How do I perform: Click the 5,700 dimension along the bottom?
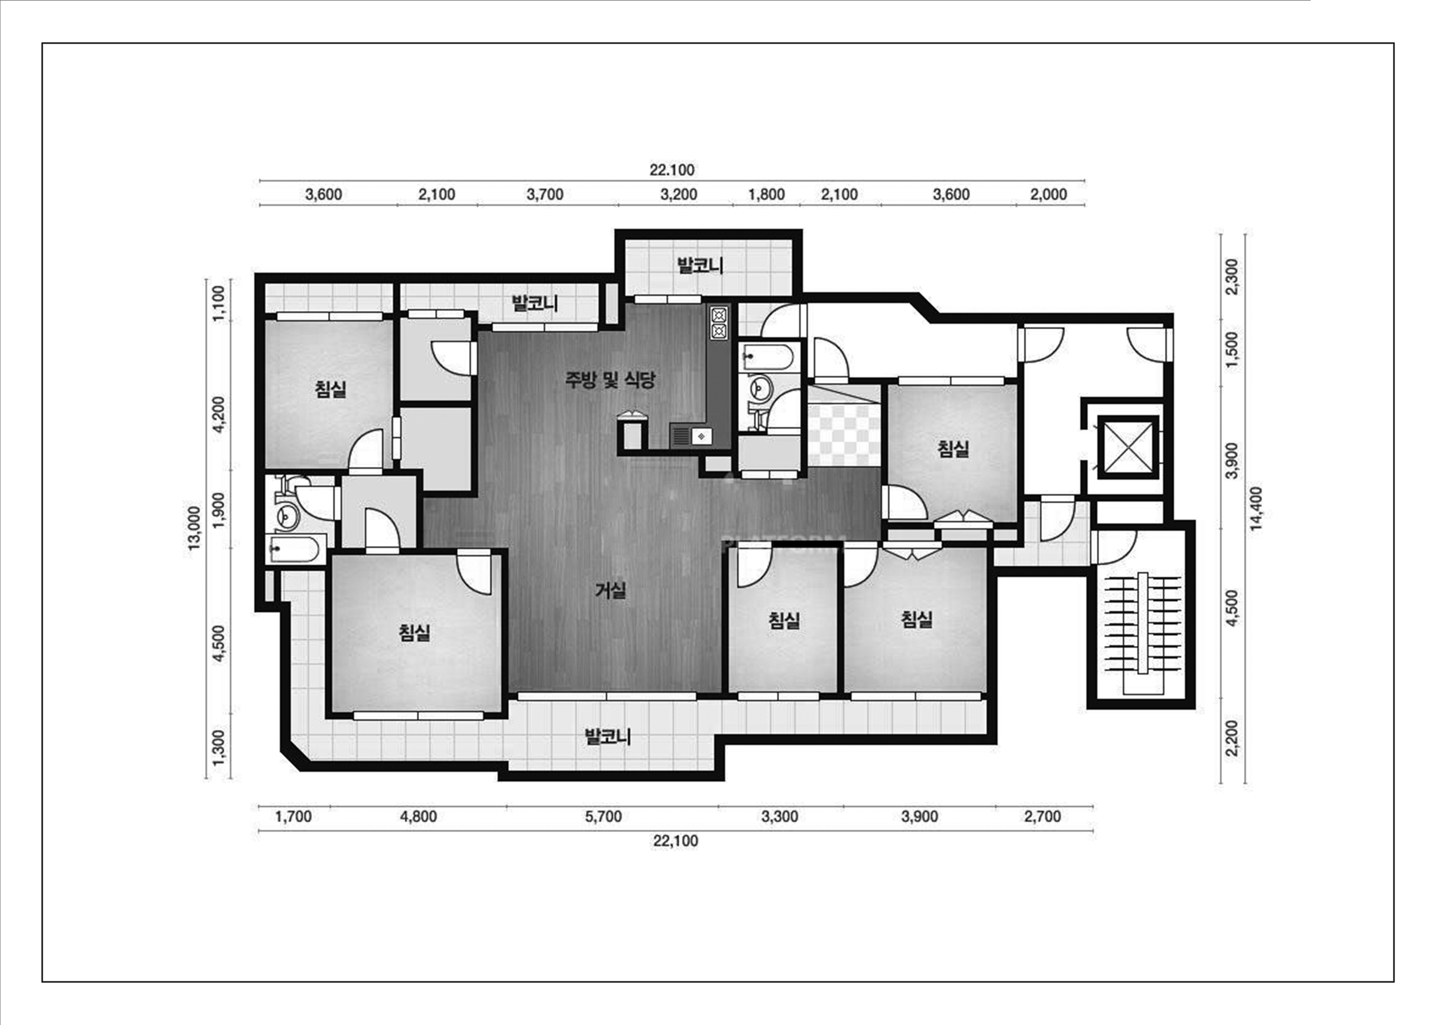tap(603, 817)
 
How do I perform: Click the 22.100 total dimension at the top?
tap(672, 170)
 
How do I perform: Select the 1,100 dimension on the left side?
tap(218, 304)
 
